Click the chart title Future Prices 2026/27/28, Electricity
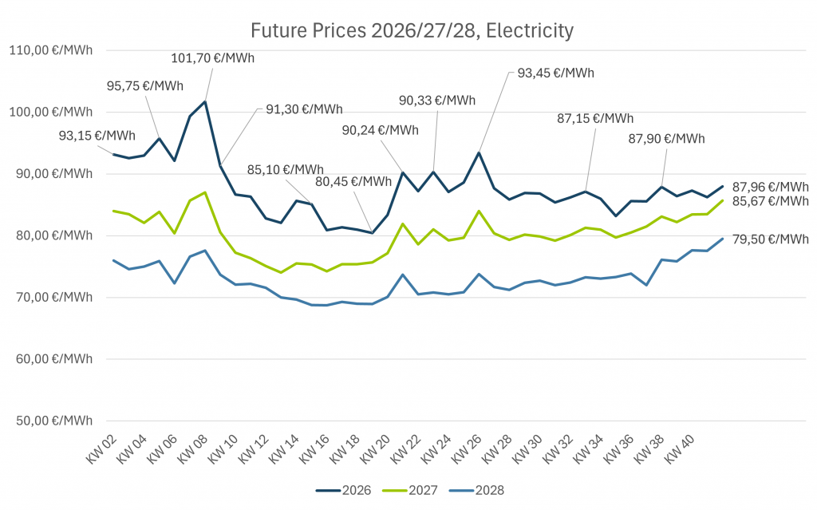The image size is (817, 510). click(412, 31)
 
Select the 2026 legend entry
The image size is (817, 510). click(343, 490)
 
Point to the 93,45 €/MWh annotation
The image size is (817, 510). click(556, 73)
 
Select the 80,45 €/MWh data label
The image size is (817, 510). click(353, 181)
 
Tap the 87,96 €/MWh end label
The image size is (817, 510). click(771, 188)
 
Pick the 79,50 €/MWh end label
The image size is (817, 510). click(771, 239)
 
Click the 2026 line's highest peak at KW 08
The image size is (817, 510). click(205, 101)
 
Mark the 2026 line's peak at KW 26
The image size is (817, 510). click(479, 152)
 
